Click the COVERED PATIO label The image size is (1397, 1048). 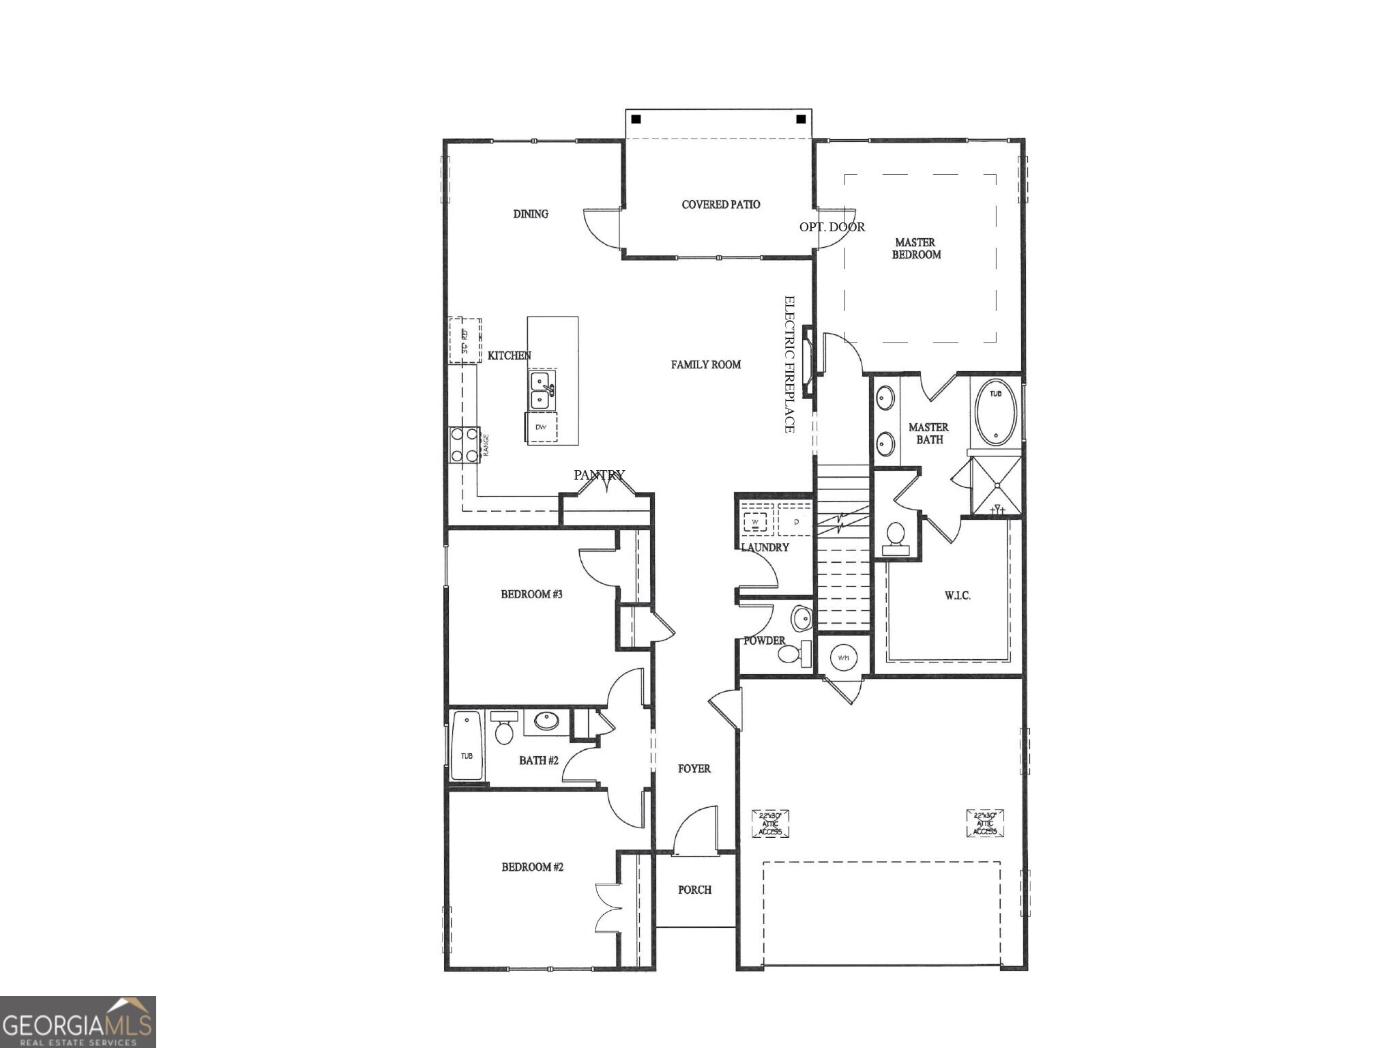720,204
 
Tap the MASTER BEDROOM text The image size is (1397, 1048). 916,248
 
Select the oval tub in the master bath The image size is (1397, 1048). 995,413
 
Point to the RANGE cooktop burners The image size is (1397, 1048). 465,445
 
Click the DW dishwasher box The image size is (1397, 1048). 542,427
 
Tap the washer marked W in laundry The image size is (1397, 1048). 755,522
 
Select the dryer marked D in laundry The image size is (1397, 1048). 795,522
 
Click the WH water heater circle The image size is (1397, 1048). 843,658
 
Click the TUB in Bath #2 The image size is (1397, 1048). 467,746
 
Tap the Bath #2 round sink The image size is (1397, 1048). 546,720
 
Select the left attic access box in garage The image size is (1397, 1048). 770,824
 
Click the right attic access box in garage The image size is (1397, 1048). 985,823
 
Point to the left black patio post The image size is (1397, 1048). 636,119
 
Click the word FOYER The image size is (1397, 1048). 694,768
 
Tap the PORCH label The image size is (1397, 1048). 694,890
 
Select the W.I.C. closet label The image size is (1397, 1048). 957,596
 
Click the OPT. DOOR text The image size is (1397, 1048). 832,227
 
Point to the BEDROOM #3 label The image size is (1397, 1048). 531,594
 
